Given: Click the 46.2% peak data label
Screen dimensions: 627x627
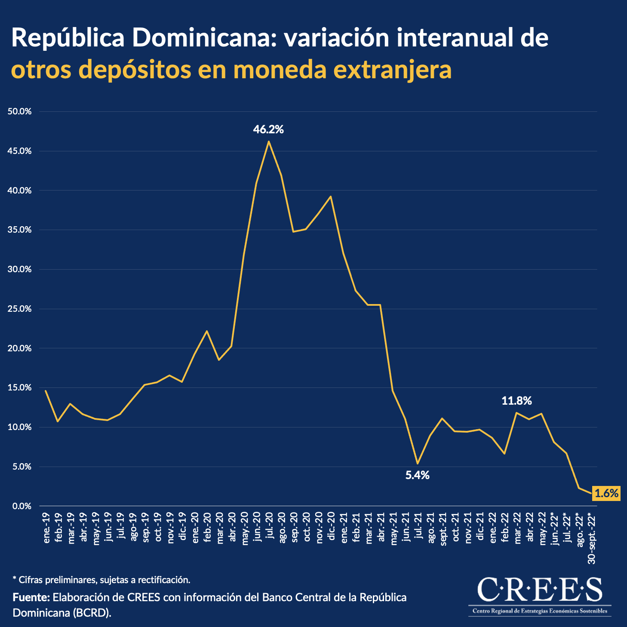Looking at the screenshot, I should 268,129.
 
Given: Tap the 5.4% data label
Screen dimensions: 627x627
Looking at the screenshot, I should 417,475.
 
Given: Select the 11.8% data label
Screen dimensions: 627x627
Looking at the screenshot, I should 516,401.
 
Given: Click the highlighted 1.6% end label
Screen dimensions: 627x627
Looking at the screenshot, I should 606,493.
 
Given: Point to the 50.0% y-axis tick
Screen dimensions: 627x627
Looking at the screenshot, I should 20,111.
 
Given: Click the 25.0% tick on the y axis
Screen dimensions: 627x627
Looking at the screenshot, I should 20,309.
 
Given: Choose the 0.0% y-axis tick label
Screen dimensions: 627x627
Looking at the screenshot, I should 22,506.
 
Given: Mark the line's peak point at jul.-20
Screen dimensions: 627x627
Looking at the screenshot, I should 269,141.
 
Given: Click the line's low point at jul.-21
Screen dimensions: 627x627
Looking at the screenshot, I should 417,463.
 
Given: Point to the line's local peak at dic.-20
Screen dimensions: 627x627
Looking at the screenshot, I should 330,197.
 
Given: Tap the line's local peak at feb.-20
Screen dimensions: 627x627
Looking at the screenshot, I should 207,331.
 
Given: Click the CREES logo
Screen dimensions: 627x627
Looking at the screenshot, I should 540,596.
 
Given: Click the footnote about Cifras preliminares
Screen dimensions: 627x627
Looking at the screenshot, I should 101,580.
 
